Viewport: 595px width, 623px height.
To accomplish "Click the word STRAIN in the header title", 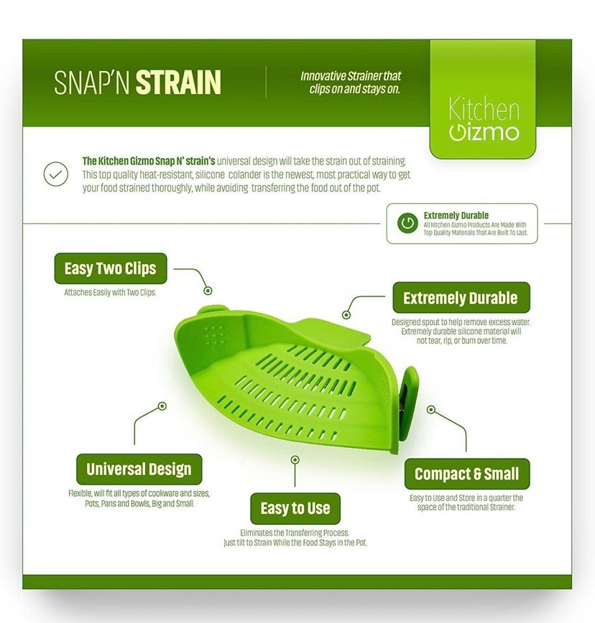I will (x=178, y=83).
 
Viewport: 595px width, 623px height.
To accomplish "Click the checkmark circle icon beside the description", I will (x=55, y=174).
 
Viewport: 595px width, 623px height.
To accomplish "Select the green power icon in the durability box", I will (x=407, y=223).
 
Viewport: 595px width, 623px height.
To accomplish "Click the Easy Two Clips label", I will (x=110, y=269).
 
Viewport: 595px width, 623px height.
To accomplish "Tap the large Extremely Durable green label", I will (x=461, y=298).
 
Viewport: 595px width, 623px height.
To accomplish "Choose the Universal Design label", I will (x=139, y=469).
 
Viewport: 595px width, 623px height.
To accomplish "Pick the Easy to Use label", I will (x=295, y=508).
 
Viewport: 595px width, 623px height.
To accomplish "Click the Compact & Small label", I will (x=466, y=474).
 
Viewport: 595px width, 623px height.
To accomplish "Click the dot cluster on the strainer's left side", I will (x=213, y=334).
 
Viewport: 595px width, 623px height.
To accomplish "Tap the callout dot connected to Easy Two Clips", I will (x=208, y=291).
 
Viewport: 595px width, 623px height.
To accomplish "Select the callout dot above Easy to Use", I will (x=295, y=459).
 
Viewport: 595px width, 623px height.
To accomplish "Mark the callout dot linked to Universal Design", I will (x=162, y=406).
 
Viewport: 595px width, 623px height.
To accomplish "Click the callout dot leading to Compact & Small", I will (x=430, y=410).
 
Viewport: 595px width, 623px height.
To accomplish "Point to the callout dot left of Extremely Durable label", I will (x=346, y=314).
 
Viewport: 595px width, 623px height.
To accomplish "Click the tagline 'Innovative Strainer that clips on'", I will (x=351, y=83).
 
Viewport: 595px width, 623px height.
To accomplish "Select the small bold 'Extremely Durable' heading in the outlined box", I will (x=456, y=215).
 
